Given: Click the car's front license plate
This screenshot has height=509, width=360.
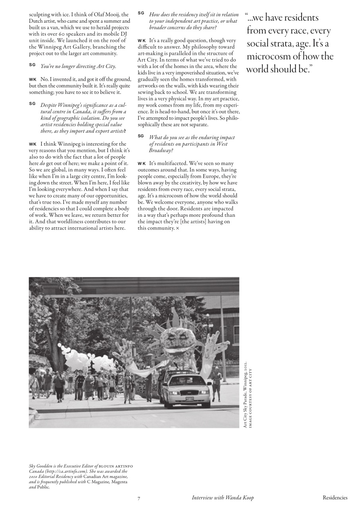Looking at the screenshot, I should point(190,398).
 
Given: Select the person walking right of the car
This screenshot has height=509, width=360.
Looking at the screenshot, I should point(217,384).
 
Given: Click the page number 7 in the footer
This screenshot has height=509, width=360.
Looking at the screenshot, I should point(139,498).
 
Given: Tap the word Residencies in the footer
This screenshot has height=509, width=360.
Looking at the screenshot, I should point(335,497).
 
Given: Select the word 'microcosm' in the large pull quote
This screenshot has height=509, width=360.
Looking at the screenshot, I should point(267,56).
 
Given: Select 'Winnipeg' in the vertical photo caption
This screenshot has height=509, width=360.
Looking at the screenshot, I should point(245,388).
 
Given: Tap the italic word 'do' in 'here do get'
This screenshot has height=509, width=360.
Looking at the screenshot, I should point(42,163).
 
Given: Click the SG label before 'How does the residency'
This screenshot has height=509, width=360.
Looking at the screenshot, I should point(141,13).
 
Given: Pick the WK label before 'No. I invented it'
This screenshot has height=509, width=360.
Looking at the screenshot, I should point(33,80).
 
